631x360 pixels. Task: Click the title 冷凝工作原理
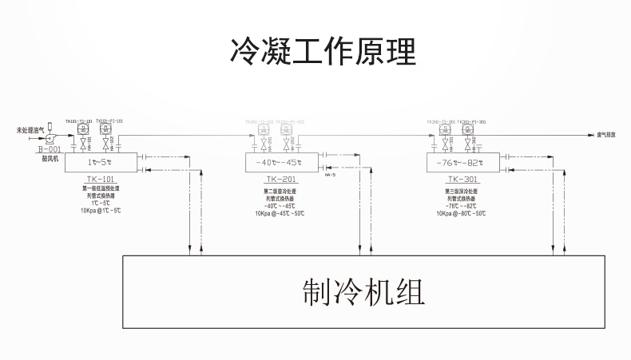[x=315, y=53]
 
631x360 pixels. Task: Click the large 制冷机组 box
[x=363, y=293]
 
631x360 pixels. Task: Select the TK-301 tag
[x=463, y=180]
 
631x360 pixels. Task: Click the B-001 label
[x=49, y=148]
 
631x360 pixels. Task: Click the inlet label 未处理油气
[x=30, y=130]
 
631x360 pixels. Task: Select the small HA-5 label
[x=330, y=175]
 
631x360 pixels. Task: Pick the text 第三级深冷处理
[x=462, y=192]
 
